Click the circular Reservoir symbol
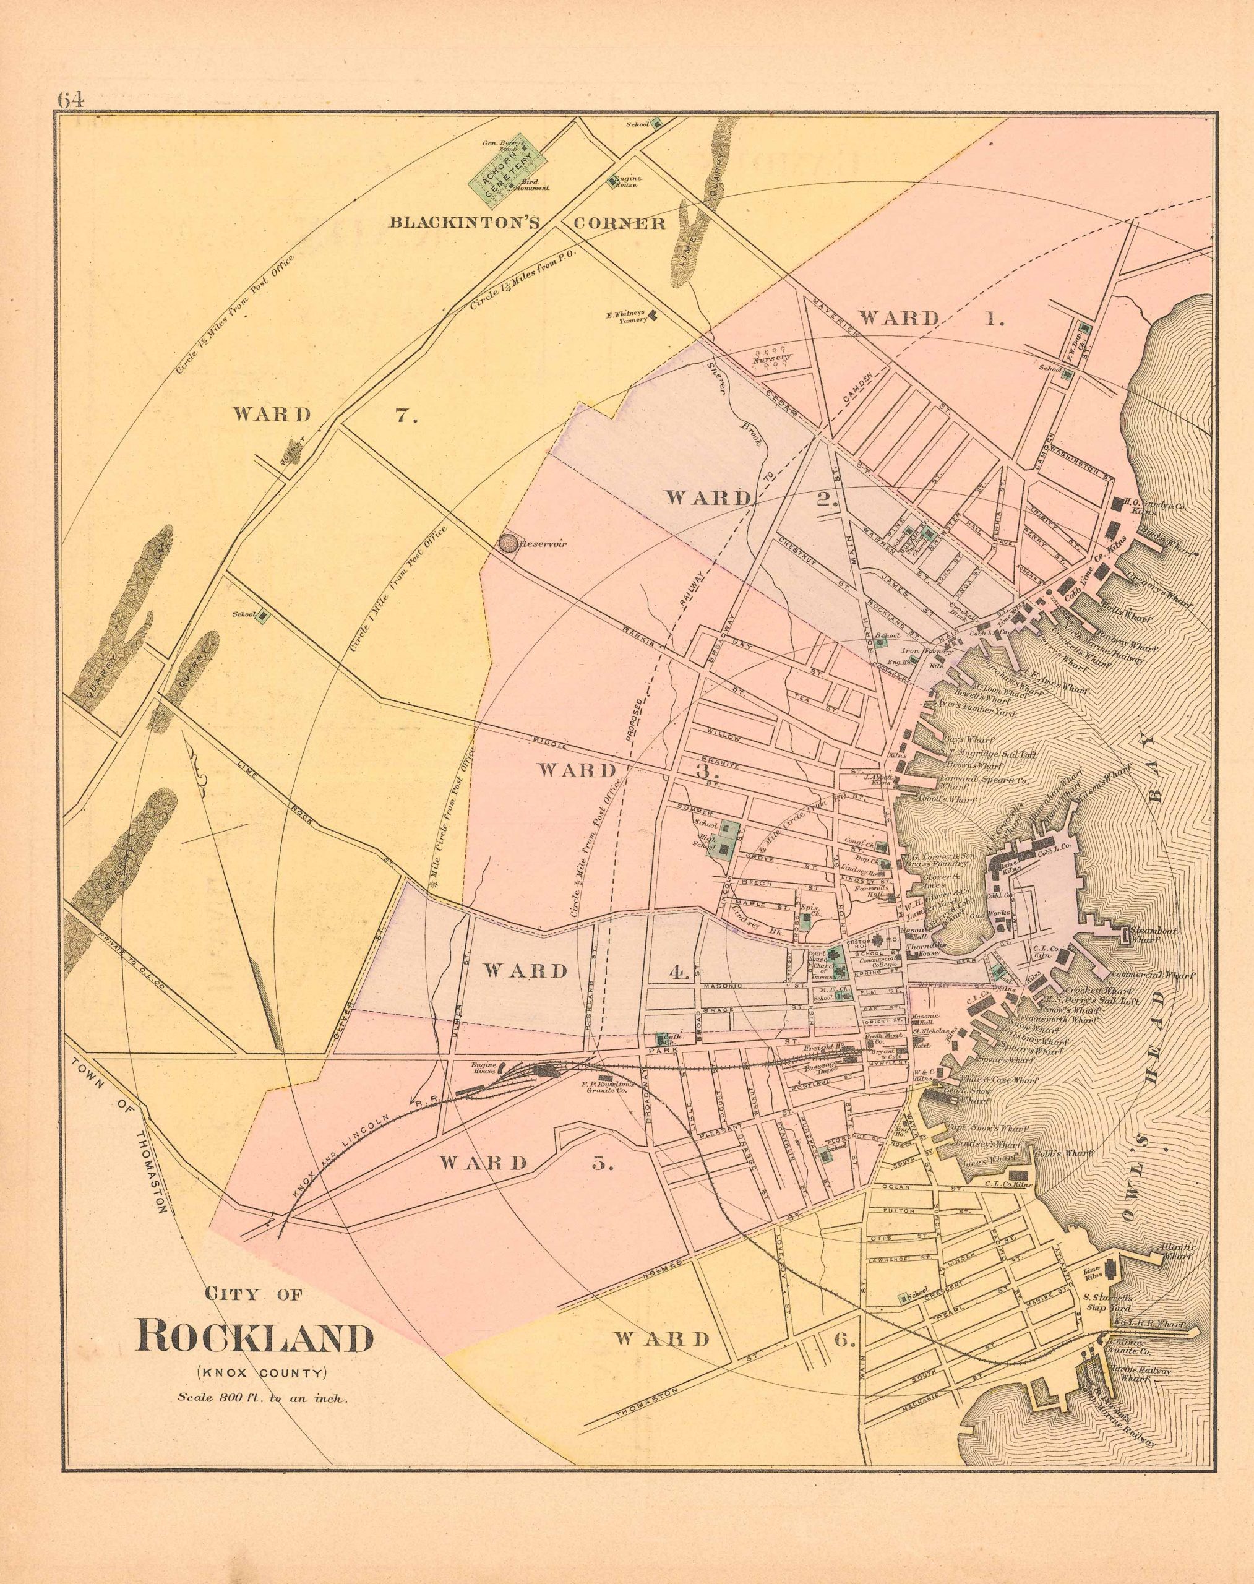[508, 543]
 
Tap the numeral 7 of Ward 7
[406, 415]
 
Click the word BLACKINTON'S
[464, 223]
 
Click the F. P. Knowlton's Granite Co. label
[597, 1088]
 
